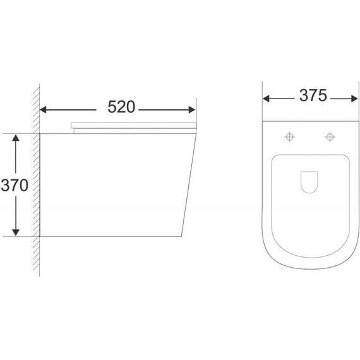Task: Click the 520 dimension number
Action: point(121,108)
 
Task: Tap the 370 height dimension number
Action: point(14,185)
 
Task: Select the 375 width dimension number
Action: point(307,96)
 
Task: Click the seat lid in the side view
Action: point(133,124)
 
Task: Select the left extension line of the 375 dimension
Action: point(263,104)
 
